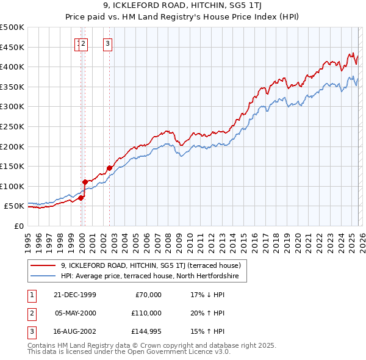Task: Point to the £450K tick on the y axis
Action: pos(12,47)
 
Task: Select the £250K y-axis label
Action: pos(12,126)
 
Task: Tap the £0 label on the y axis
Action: pos(18,226)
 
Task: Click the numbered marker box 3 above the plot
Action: pos(107,43)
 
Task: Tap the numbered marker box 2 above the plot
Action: pos(84,43)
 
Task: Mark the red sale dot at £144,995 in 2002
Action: pos(110,168)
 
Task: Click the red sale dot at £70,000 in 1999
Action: pos(81,198)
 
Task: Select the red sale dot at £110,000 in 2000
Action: pos(85,182)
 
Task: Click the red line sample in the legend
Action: pos(43,265)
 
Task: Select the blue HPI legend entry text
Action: pos(154,276)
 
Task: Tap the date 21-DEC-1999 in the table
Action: pos(75,295)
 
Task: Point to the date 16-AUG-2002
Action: pos(75,331)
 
